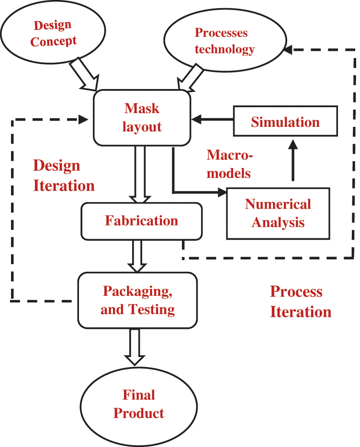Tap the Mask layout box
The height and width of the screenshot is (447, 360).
pos(142,117)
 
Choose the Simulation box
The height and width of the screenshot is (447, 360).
pos(285,122)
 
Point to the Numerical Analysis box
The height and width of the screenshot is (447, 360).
pos(278,213)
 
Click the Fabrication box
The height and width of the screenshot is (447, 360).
pos(141,221)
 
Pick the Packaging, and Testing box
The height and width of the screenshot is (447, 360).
pos(137,301)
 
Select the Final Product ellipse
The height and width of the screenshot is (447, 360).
pos(138,405)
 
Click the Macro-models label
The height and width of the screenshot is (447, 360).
pos(228,164)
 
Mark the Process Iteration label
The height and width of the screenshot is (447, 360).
pos(300,302)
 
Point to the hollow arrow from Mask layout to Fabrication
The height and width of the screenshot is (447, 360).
pos(141,174)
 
